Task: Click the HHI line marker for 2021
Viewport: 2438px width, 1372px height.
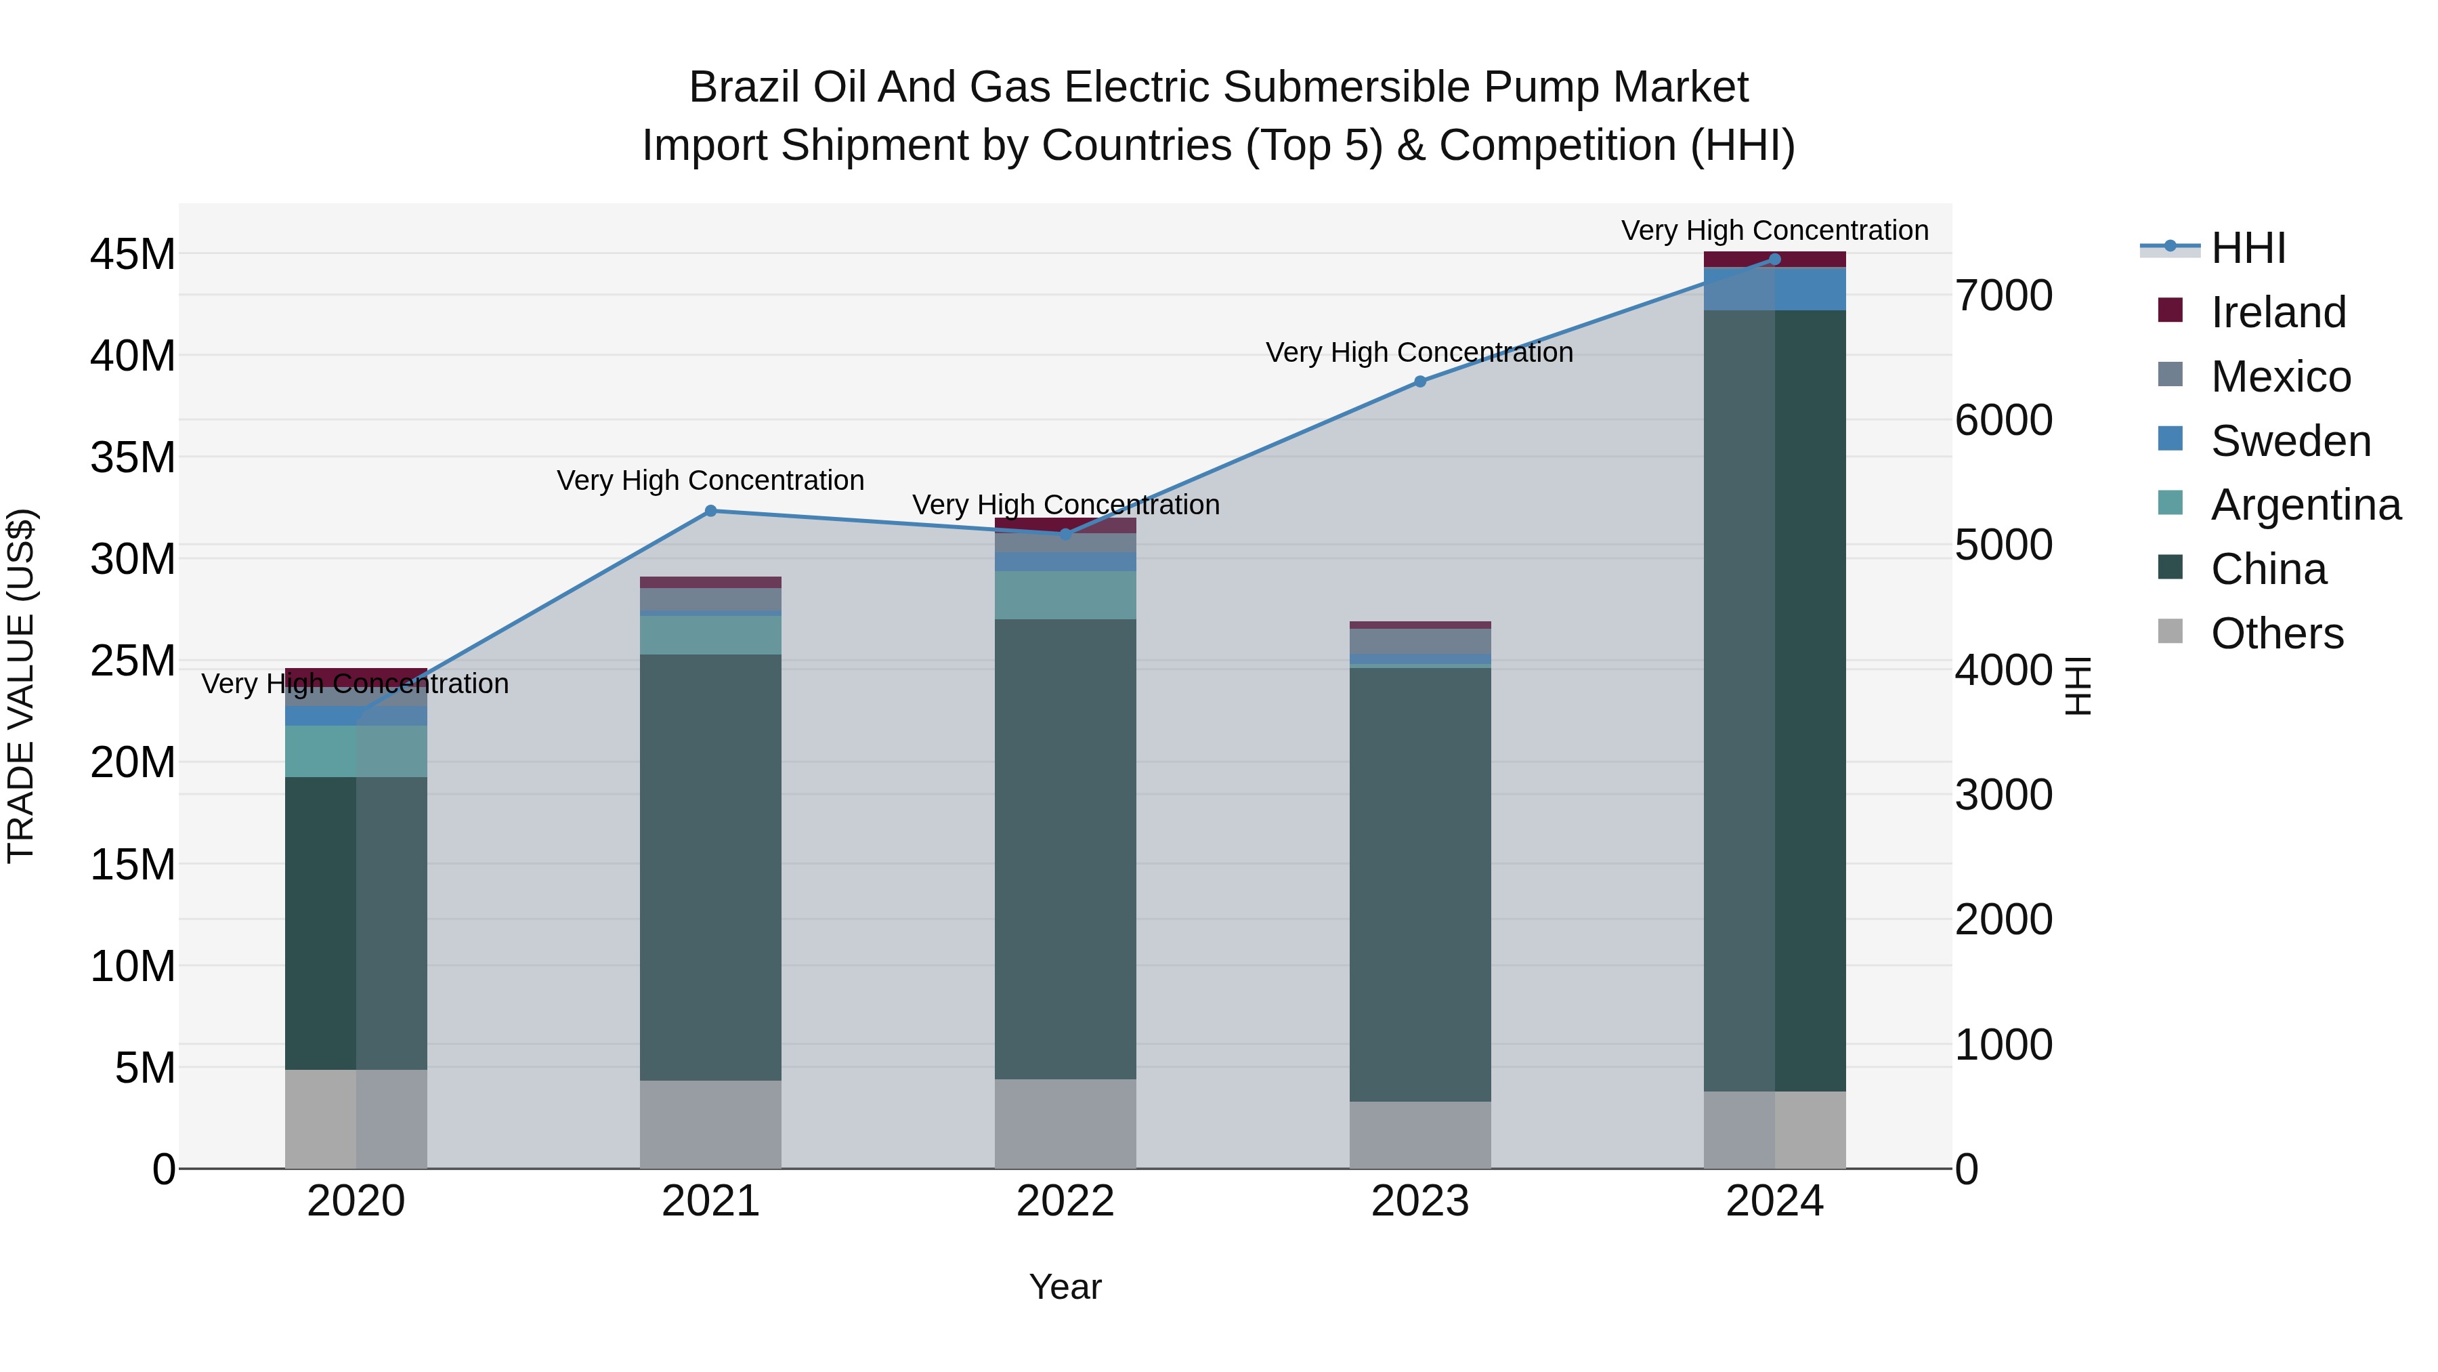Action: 711,512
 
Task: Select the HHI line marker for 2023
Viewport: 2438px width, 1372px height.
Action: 1419,381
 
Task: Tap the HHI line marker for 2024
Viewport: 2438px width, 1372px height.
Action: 1774,259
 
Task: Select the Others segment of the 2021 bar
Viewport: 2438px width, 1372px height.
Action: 711,1124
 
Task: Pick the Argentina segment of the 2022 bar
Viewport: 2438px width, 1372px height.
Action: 1066,595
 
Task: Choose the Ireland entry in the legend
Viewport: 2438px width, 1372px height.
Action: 2278,312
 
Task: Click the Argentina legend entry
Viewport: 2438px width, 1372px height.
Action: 2305,505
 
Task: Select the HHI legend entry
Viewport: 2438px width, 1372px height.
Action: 2248,248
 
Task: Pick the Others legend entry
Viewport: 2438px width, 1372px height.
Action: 2276,633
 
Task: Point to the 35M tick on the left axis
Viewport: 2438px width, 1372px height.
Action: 133,457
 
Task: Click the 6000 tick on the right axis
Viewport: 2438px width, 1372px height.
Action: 2004,420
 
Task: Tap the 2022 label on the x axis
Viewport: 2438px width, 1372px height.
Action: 1066,1201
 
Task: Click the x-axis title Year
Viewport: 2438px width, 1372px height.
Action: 1066,1287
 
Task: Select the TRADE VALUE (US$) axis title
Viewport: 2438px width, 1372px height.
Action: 21,686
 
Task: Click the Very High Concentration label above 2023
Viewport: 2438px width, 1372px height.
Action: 1419,352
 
